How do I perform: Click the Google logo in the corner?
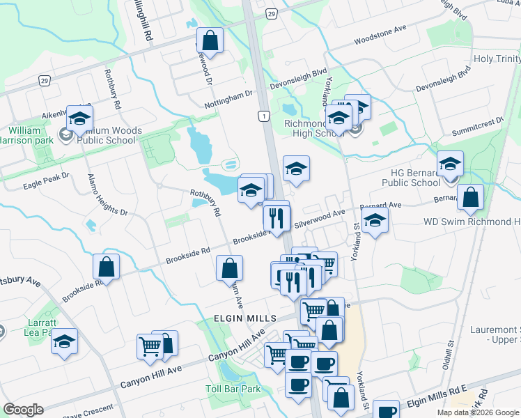point(24,410)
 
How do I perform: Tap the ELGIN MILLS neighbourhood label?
point(237,318)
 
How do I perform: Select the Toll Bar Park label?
point(233,389)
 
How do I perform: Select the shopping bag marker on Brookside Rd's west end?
point(106,266)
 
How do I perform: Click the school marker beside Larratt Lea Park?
point(65,341)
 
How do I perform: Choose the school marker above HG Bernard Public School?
point(450,164)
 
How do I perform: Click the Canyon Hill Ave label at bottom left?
point(150,378)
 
